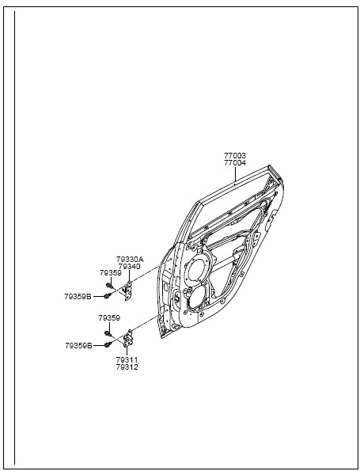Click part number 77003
235,156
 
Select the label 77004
235,163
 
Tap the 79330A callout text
130,259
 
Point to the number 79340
129,267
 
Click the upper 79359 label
111,273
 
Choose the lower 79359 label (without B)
109,318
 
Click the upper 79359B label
78,297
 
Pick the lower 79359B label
78,346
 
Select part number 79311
127,359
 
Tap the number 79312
127,367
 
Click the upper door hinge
128,290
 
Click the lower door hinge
127,339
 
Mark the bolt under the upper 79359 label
108,285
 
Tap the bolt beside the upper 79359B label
108,296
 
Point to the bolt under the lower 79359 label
108,333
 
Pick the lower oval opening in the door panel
197,297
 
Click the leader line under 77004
235,174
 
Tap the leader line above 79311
127,351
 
